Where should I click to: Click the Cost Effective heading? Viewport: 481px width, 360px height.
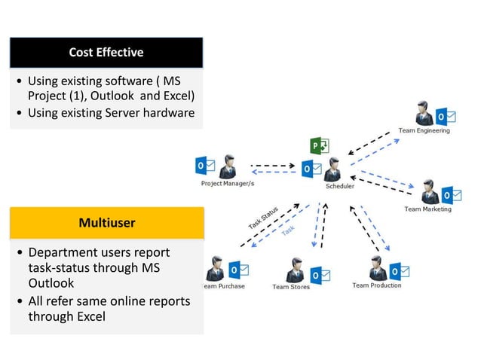pyautogui.click(x=106, y=52)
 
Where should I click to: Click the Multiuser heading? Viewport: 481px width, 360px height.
pyautogui.click(x=106, y=223)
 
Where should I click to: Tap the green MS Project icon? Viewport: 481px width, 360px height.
pyautogui.click(x=317, y=145)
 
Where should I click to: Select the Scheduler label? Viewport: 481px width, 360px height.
pyautogui.click(x=339, y=186)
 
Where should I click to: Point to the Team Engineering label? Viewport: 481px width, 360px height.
pyautogui.click(x=424, y=130)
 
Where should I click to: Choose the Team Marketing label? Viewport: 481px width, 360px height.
pyautogui.click(x=427, y=209)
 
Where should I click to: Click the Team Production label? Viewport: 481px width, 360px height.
pyautogui.click(x=376, y=285)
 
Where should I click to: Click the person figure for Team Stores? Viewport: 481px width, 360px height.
pyautogui.click(x=296, y=269)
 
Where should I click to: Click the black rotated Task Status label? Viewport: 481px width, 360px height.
pyautogui.click(x=263, y=218)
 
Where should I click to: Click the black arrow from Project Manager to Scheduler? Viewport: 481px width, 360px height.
pyautogui.click(x=272, y=163)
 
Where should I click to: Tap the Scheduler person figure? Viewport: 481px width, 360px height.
pyautogui.click(x=332, y=169)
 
